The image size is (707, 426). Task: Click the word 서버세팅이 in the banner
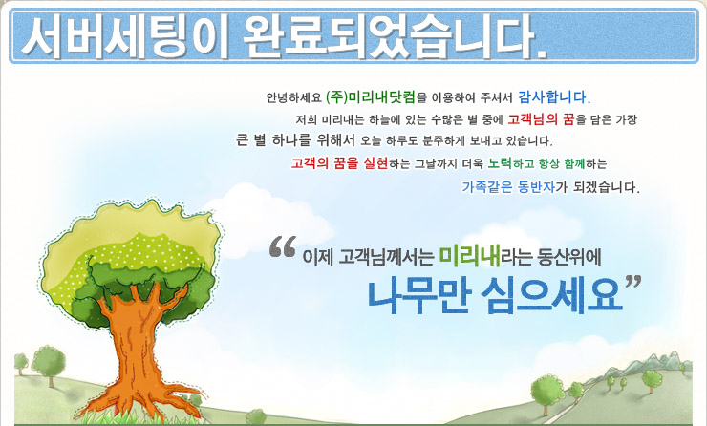tap(125, 37)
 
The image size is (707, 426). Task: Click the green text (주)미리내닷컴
tap(370, 96)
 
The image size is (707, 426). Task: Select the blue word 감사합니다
tap(554, 96)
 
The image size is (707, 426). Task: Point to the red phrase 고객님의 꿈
tap(541, 119)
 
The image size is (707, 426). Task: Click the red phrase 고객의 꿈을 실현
tap(339, 163)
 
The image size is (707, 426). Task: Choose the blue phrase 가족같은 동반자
tap(508, 186)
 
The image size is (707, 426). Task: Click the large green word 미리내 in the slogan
tap(469, 256)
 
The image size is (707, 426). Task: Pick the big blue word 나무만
tap(419, 296)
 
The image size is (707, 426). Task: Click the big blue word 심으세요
tap(552, 296)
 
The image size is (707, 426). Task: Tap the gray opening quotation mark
tap(283, 246)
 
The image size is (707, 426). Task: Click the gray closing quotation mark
tap(633, 282)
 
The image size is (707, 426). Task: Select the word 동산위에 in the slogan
tap(569, 257)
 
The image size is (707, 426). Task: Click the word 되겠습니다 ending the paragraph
tap(607, 186)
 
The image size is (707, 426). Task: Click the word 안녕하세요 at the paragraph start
tap(293, 97)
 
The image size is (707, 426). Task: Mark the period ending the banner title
tap(542, 54)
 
